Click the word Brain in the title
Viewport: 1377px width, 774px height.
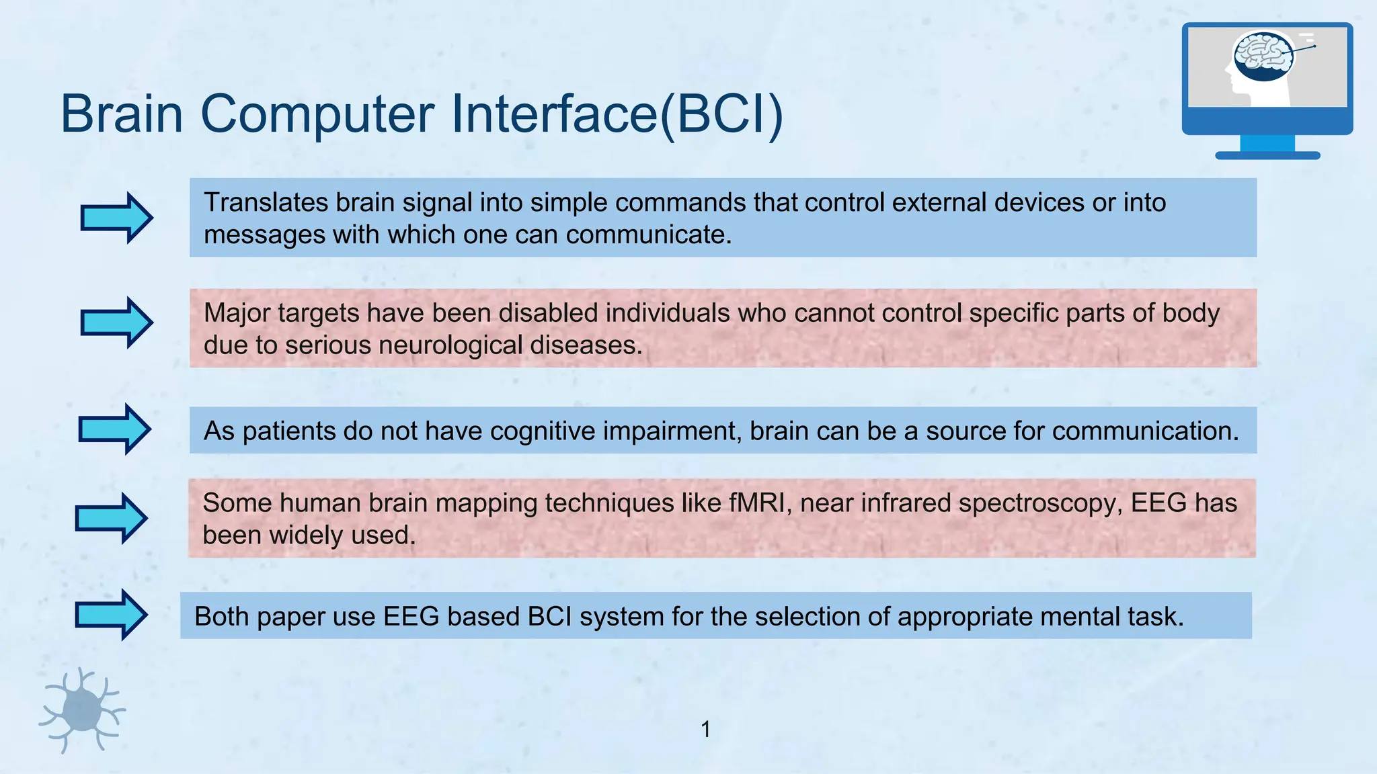click(x=122, y=114)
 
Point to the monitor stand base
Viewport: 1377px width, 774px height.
click(x=1267, y=155)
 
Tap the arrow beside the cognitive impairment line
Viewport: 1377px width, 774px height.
click(x=115, y=429)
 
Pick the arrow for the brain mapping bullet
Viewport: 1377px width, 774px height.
click(x=112, y=518)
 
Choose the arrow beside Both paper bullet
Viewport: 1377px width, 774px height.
click(x=112, y=614)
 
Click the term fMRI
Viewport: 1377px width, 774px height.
click(x=752, y=503)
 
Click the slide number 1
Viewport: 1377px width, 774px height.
click(x=705, y=729)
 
